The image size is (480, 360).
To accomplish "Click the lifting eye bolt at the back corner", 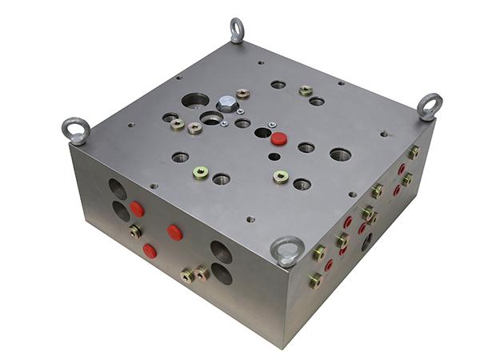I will click(x=237, y=30).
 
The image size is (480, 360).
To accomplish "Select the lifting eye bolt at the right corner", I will click(x=430, y=106).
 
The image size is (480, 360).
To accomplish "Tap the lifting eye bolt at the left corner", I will click(x=77, y=130).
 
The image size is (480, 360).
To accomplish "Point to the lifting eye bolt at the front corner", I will click(x=286, y=250).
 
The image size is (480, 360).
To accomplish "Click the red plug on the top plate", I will click(x=278, y=138).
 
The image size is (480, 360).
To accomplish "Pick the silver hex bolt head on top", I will click(x=227, y=104).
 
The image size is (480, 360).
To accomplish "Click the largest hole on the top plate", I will click(x=195, y=101).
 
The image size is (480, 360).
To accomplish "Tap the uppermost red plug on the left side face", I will click(x=137, y=210).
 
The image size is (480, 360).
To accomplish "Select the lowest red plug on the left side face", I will click(x=150, y=250).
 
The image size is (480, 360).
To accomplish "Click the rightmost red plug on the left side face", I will click(x=174, y=233).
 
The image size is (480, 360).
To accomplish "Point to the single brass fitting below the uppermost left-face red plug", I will click(x=135, y=232).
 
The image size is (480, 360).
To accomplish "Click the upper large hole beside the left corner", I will click(x=118, y=189).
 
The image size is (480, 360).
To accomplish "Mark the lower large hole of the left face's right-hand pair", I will click(x=222, y=274).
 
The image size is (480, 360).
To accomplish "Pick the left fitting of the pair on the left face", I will click(x=186, y=275).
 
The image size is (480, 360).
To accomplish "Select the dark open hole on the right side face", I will click(x=367, y=242).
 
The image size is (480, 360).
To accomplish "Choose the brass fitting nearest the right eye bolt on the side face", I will click(x=414, y=152).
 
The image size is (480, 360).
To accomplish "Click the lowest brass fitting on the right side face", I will click(x=316, y=280).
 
